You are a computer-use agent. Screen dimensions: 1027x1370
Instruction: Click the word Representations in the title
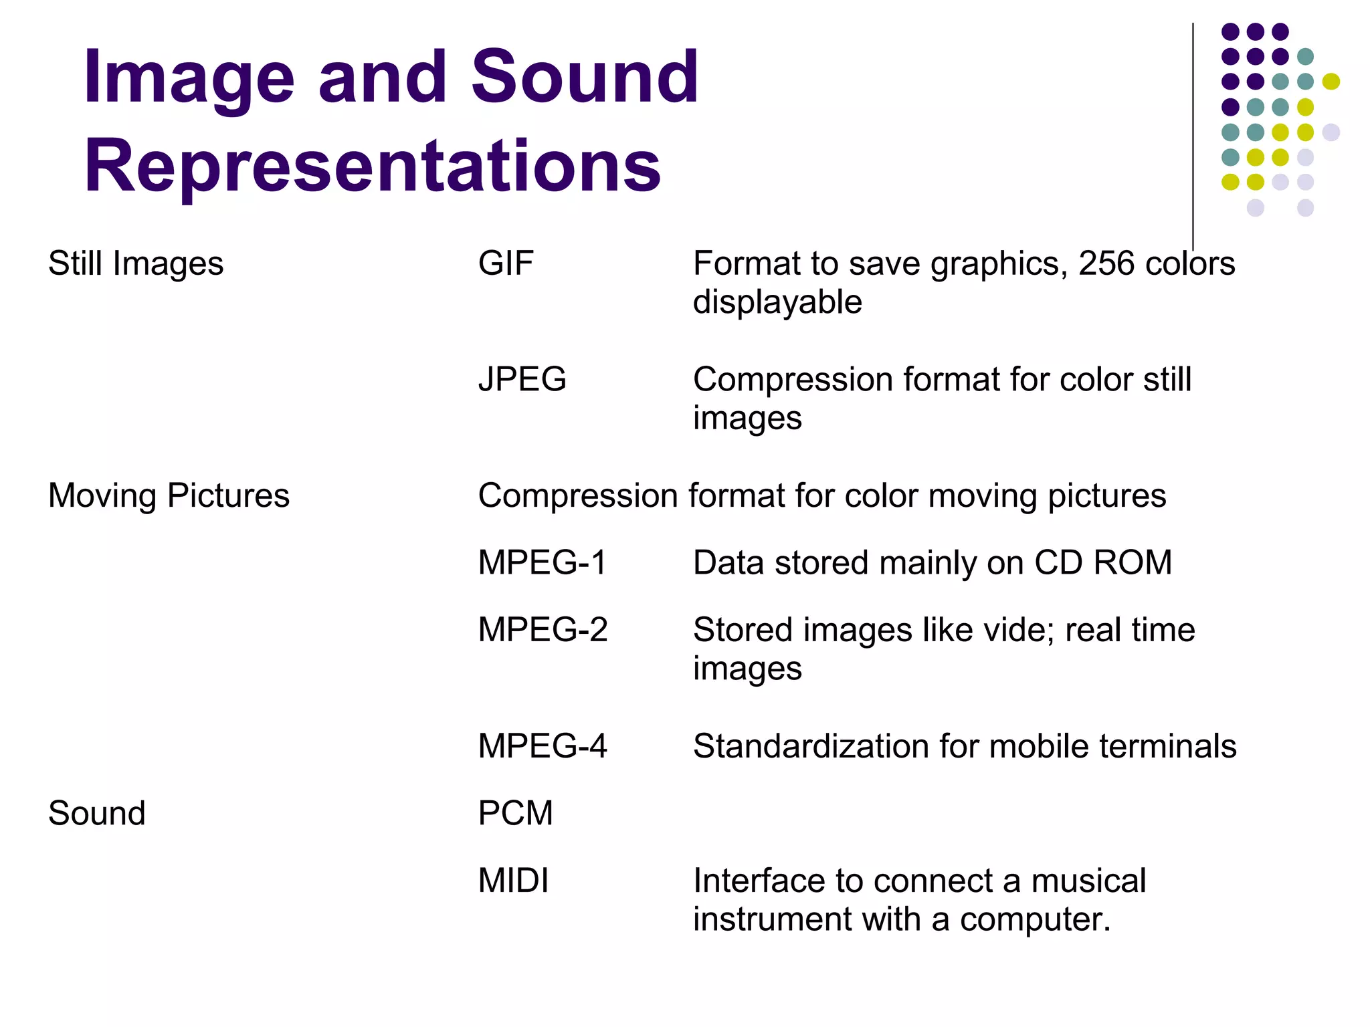373,165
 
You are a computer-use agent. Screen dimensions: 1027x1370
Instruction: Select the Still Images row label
136,263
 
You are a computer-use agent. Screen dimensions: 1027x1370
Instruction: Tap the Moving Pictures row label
169,496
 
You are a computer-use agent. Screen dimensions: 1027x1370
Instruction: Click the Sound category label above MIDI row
97,814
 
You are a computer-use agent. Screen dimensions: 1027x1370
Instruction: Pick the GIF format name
506,263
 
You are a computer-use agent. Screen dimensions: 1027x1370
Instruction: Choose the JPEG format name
522,380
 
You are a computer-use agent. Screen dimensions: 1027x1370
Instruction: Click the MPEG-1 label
542,563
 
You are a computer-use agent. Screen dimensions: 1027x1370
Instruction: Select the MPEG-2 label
543,630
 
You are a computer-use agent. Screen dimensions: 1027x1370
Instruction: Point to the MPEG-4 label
543,746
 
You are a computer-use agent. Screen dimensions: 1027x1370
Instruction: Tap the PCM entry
515,814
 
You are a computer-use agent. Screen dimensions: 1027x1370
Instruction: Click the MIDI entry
513,881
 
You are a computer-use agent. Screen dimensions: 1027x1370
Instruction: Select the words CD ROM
1103,563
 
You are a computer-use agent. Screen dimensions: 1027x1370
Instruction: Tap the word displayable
777,302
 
